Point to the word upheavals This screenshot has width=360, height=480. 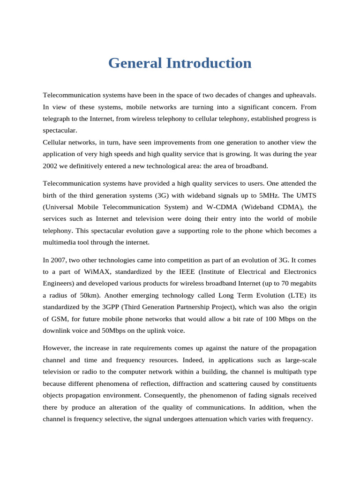coord(298,95)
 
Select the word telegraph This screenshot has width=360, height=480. coord(57,119)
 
